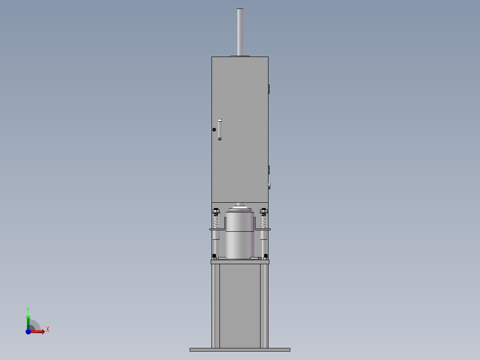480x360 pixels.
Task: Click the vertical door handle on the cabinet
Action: [220, 130]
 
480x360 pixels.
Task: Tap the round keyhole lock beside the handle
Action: [214, 130]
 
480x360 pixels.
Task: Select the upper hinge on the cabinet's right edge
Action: [269, 89]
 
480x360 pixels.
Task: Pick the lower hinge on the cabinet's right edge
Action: [269, 170]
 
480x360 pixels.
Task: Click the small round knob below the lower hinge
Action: [269, 186]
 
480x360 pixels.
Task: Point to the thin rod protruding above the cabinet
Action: [240, 32]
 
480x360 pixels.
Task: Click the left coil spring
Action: [216, 221]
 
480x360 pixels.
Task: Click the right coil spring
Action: [264, 221]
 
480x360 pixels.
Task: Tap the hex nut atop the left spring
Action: [216, 210]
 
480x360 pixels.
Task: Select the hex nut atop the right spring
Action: [264, 210]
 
